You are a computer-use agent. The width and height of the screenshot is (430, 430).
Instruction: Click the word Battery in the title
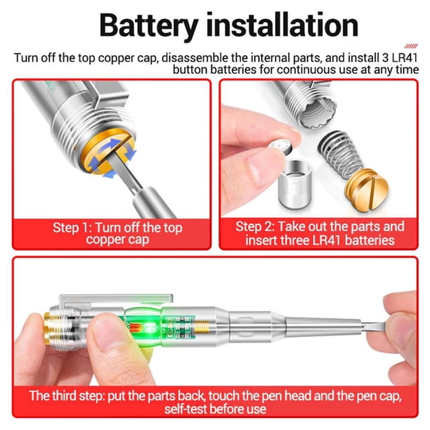point(149,25)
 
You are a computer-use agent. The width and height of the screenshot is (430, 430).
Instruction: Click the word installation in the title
point(282,25)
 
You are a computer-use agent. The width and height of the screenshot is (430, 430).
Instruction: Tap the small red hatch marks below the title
point(411,46)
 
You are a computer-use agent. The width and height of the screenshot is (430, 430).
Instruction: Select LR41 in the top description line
point(405,58)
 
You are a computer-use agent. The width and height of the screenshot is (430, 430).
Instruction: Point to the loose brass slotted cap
point(366,190)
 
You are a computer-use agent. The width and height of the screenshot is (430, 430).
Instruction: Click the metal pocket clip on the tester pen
point(116,299)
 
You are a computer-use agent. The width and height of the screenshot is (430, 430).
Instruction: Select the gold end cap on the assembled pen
point(49,328)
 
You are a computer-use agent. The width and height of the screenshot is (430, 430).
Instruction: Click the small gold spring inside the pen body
point(201,327)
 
